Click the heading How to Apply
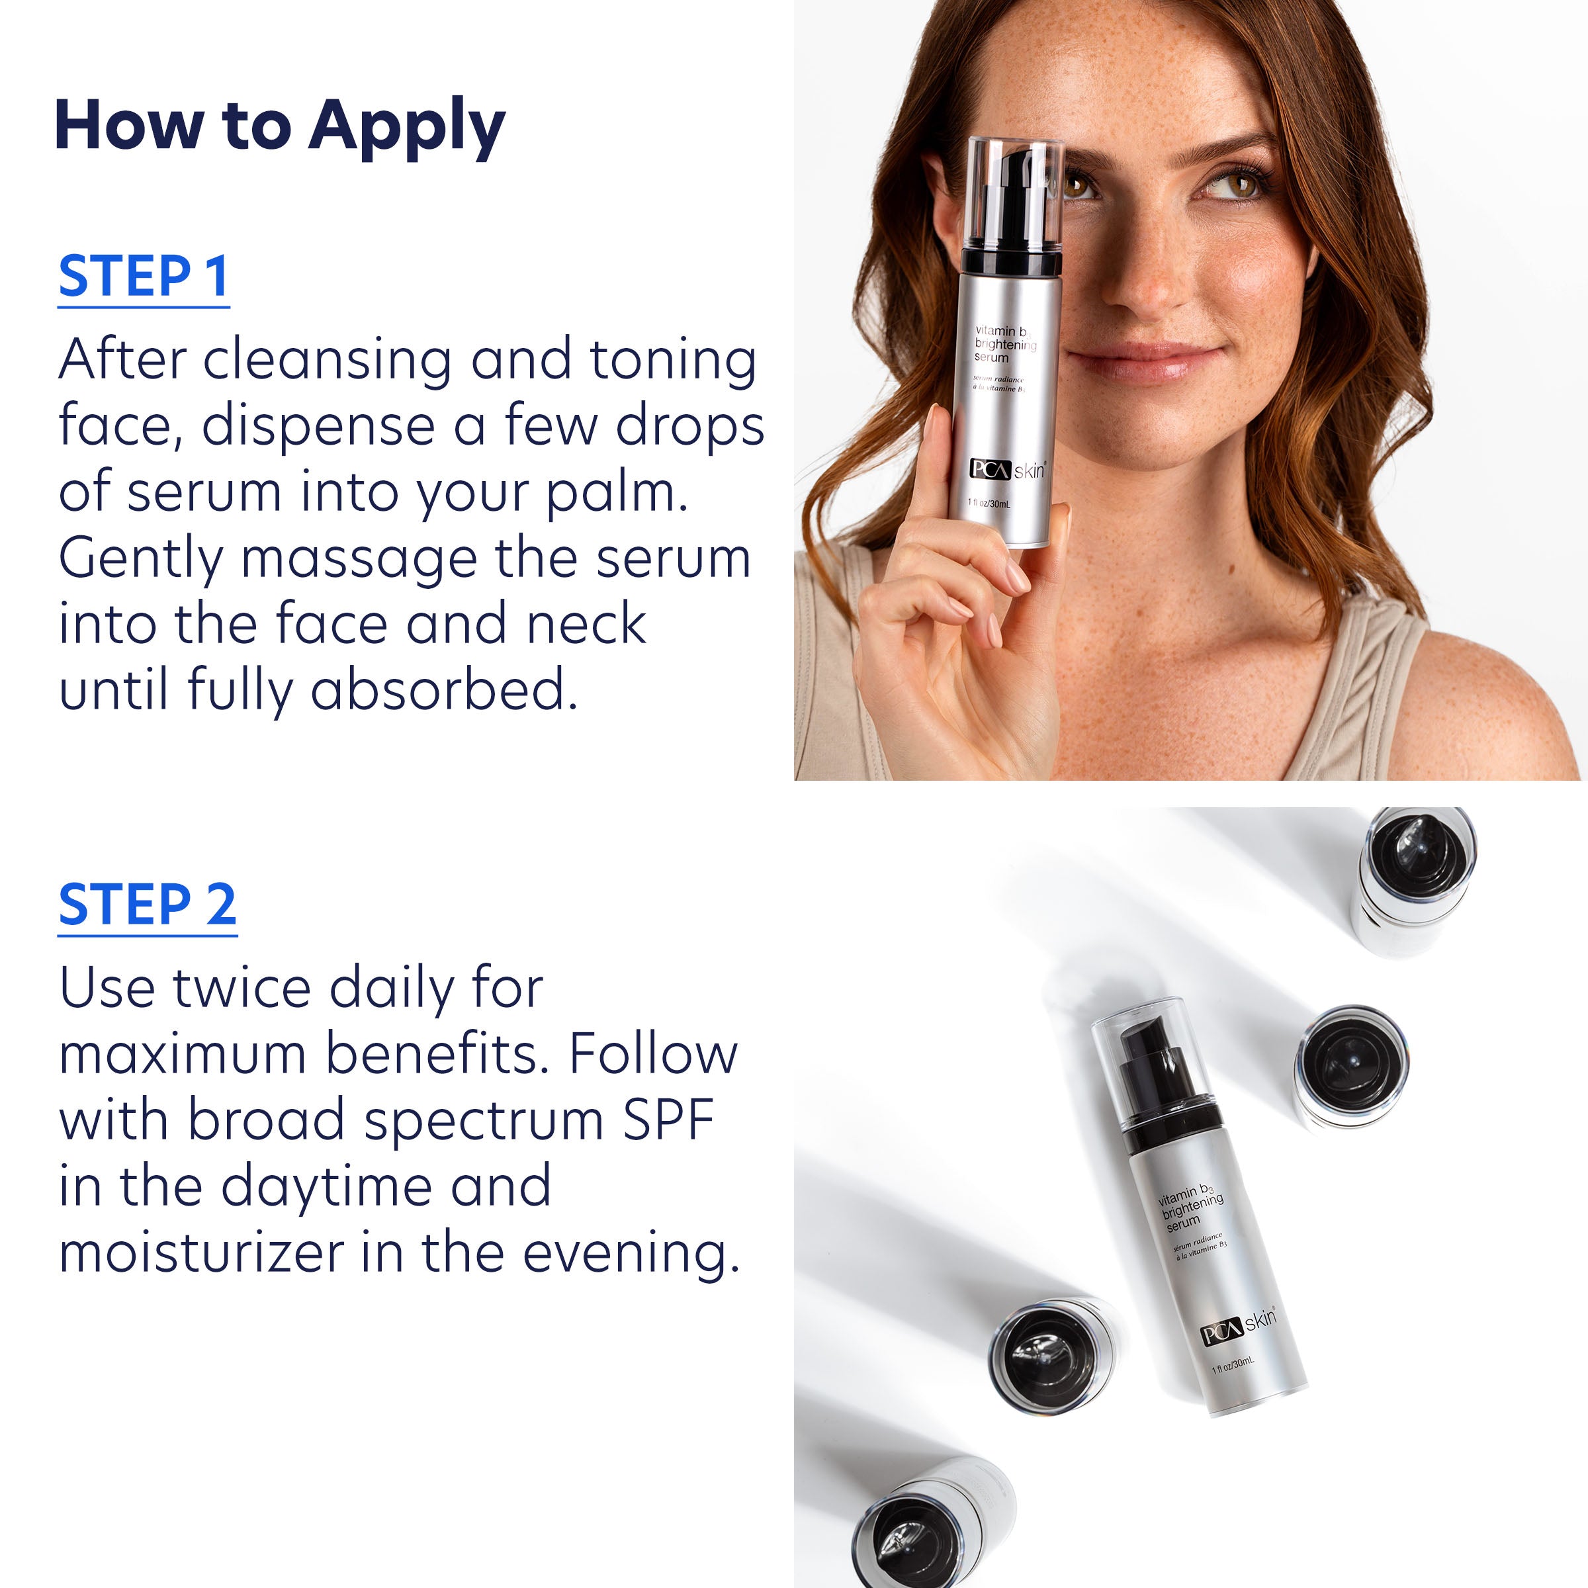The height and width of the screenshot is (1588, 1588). tap(279, 128)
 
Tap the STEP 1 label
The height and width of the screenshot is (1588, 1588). tap(143, 277)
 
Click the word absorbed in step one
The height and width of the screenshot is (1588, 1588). tap(444, 690)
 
